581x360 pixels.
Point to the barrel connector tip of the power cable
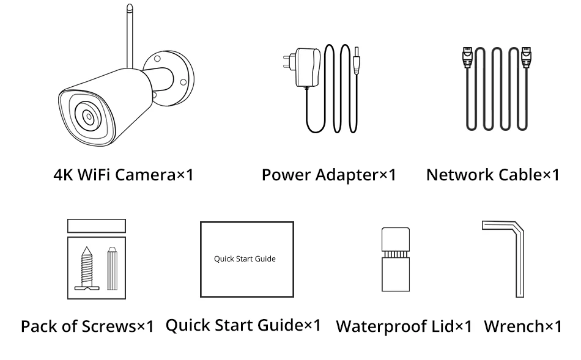pyautogui.click(x=357, y=59)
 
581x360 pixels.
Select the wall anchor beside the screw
pyautogui.click(x=111, y=268)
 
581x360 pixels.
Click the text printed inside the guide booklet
pyautogui.click(x=245, y=259)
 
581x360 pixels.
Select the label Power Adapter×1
pyautogui.click(x=328, y=175)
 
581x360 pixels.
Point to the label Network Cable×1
pyautogui.click(x=492, y=175)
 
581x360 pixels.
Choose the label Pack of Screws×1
pyautogui.click(x=87, y=326)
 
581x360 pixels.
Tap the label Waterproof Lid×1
pyautogui.click(x=404, y=326)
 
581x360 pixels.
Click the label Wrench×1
pyautogui.click(x=522, y=326)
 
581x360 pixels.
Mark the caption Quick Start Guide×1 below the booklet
pyautogui.click(x=243, y=325)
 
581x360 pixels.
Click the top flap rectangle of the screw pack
pyautogui.click(x=96, y=226)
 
